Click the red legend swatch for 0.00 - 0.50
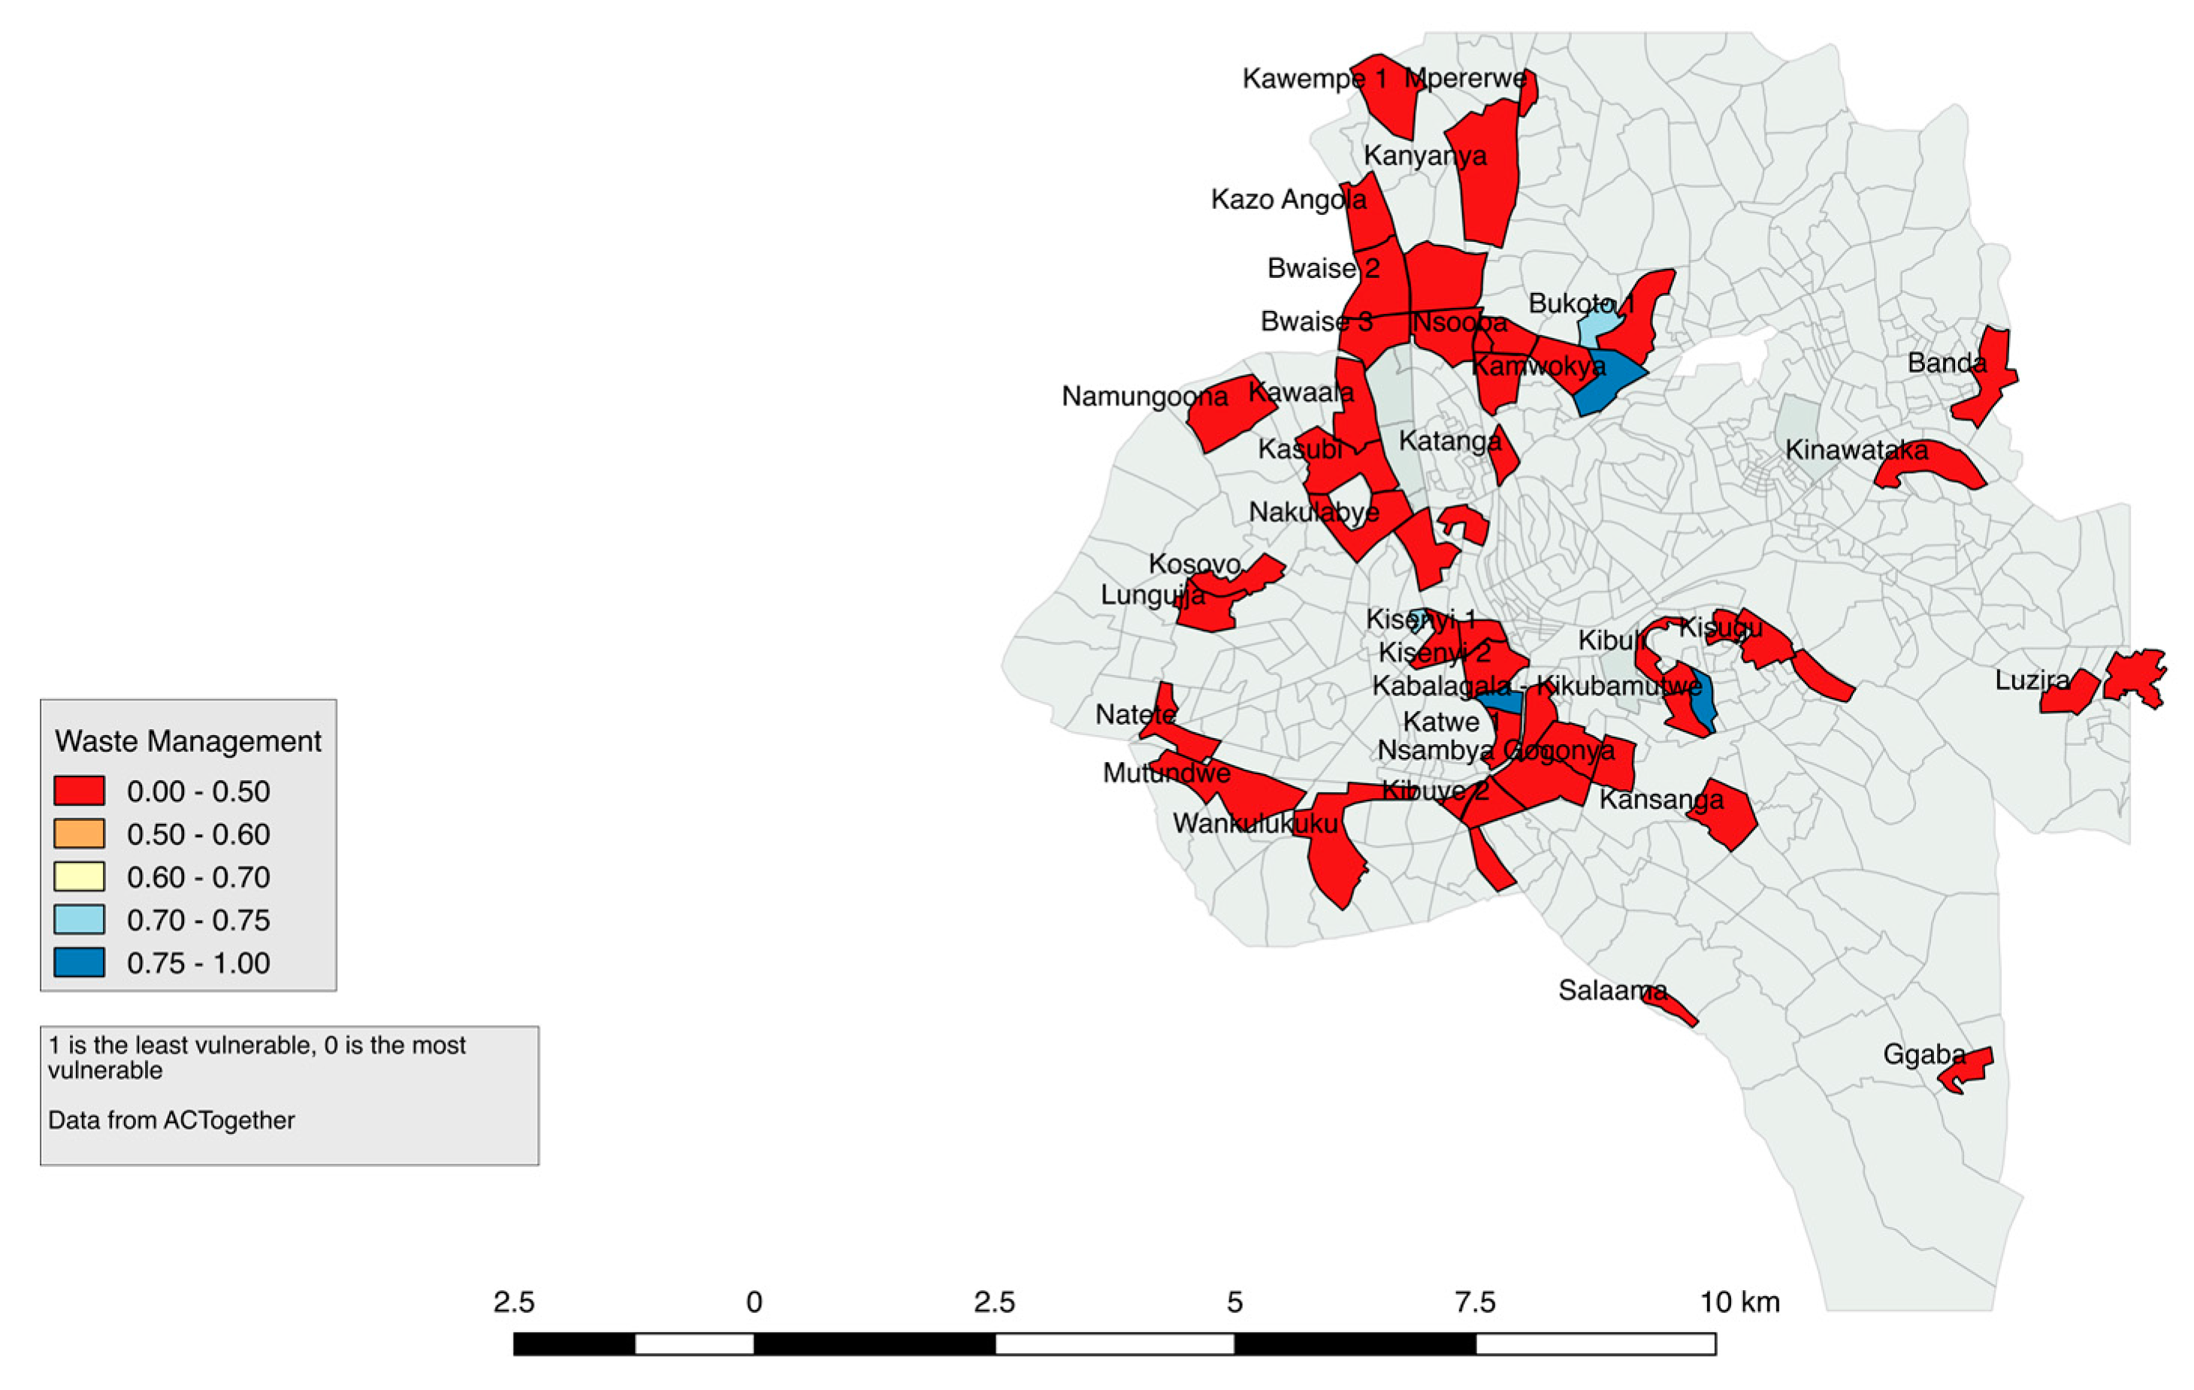click(x=78, y=791)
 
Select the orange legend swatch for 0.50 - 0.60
click(x=78, y=834)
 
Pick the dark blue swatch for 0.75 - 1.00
click(x=78, y=962)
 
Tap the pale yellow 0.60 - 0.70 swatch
click(x=78, y=876)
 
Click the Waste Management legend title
click(x=188, y=741)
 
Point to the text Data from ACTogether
click(x=171, y=1120)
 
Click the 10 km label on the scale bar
click(x=1739, y=1303)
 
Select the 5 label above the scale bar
click(x=1234, y=1303)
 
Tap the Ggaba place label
click(x=1924, y=1055)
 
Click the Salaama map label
click(x=1612, y=990)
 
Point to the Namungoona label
click(x=1144, y=397)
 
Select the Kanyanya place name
click(x=1424, y=155)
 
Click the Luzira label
click(x=2031, y=680)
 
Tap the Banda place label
click(x=1946, y=363)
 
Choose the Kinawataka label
click(x=1856, y=450)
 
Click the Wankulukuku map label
click(x=1255, y=824)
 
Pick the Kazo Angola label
click(x=1287, y=200)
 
